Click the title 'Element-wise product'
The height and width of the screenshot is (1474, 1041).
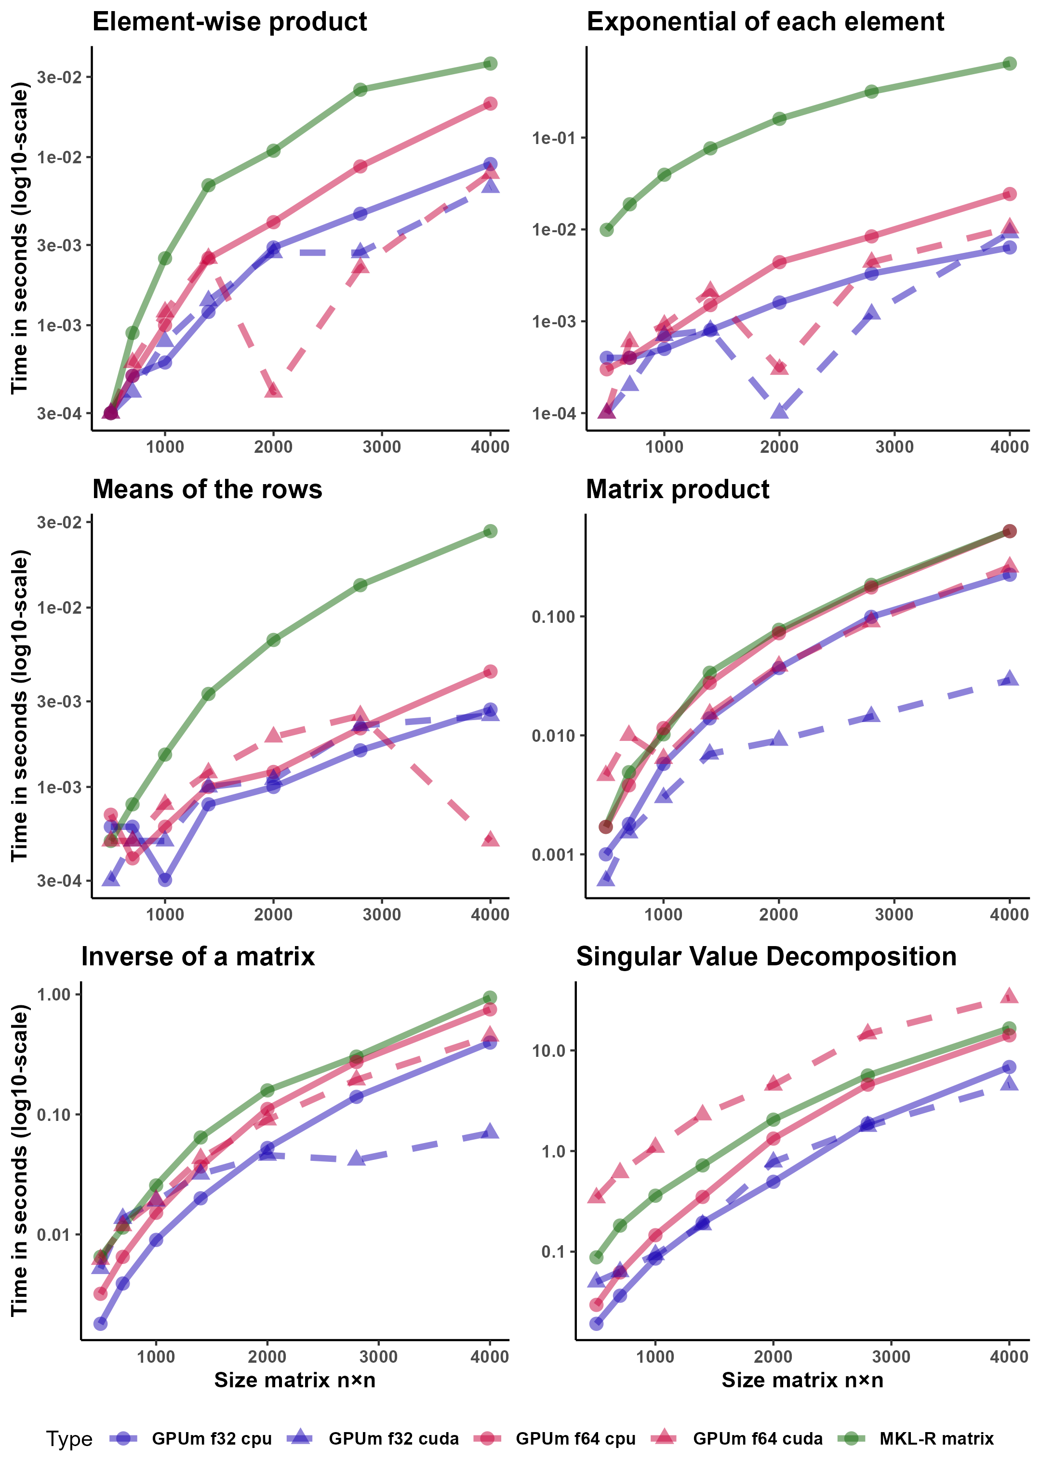tap(229, 22)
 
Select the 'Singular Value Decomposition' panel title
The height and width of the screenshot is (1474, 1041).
tap(765, 957)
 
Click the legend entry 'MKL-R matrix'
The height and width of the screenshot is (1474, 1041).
tap(935, 1439)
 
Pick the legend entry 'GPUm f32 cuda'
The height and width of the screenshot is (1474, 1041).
tap(393, 1439)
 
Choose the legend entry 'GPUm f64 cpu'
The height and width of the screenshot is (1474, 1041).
tap(575, 1439)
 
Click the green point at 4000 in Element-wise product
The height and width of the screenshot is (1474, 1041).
tap(490, 64)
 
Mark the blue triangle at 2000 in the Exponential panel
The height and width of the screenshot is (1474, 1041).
tap(779, 411)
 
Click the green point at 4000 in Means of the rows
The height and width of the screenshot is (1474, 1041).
tap(490, 531)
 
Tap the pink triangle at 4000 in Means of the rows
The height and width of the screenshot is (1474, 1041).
tap(490, 839)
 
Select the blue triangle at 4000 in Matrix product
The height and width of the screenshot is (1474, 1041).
tap(1010, 678)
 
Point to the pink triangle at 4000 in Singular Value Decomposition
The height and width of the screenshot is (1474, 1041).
tap(1010, 996)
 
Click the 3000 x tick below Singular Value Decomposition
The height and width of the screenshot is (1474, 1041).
tap(892, 1357)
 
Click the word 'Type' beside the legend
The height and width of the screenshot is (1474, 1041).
tap(69, 1439)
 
